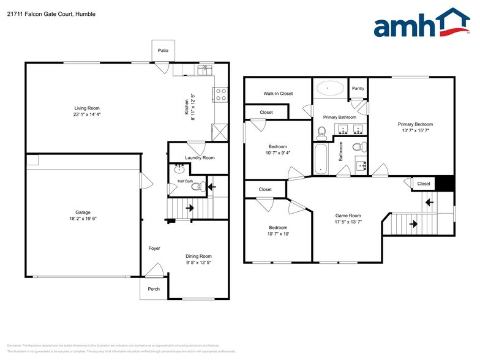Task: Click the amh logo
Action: click(x=422, y=24)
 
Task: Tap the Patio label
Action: click(x=163, y=50)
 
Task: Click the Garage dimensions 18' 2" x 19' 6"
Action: click(x=83, y=219)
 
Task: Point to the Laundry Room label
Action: click(x=200, y=157)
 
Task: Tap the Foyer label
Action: click(x=154, y=248)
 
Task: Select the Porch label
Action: click(x=154, y=289)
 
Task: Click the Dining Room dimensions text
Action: click(x=198, y=263)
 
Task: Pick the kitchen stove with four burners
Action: click(x=220, y=94)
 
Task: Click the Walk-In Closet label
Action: click(x=278, y=94)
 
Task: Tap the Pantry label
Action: click(x=358, y=89)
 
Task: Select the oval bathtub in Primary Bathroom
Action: click(x=330, y=89)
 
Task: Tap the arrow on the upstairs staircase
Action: click(x=430, y=201)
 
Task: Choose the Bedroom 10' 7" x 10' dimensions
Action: click(x=278, y=234)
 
